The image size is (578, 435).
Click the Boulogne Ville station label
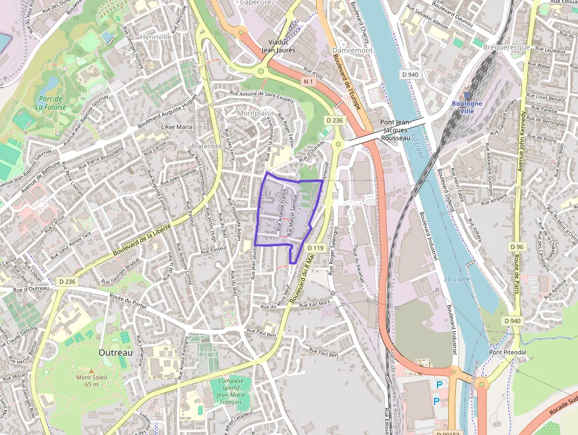[467, 107]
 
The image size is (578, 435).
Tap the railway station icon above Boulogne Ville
[467, 94]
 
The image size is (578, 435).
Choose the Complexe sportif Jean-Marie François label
[230, 391]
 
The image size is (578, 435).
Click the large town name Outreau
[115, 352]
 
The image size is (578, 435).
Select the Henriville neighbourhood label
[155, 37]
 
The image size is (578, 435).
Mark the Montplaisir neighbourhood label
[255, 113]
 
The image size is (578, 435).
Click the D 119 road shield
[316, 248]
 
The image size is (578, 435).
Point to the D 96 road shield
[517, 247]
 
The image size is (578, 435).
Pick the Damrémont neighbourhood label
[352, 51]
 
